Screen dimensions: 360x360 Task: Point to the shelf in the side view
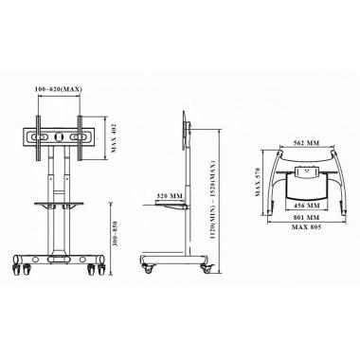click(169, 200)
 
